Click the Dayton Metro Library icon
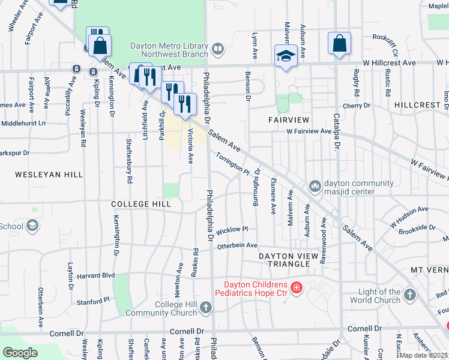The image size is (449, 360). pos(217,47)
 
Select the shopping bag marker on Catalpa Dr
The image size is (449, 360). pos(339,44)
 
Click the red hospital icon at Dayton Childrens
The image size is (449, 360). pos(295,289)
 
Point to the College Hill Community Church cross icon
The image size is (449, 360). pos(206,308)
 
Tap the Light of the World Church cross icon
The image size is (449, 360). pos(409,295)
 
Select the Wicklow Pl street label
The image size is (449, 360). pos(232,230)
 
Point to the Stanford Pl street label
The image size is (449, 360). pos(93,299)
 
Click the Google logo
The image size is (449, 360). pos(20,353)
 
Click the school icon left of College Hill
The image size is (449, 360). pos(32,226)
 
